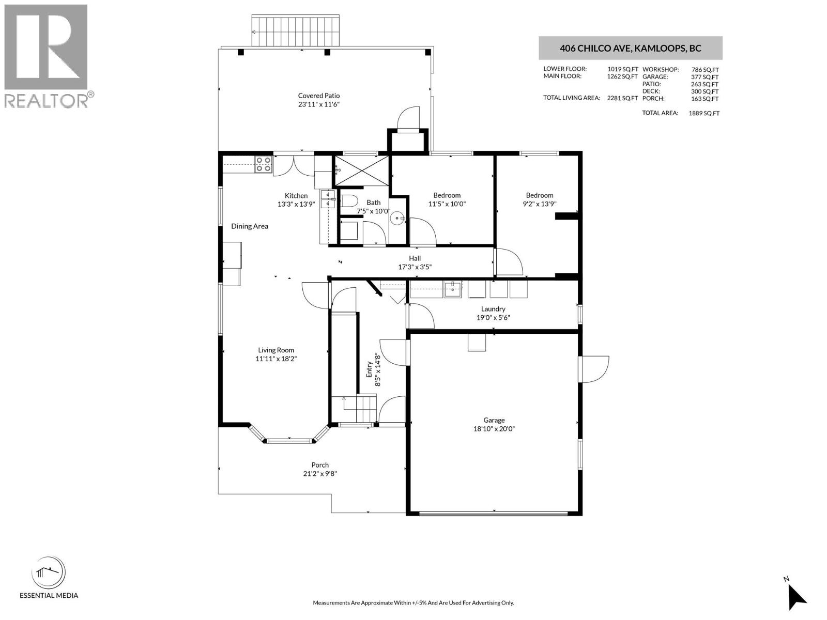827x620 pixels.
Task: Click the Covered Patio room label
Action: click(318, 96)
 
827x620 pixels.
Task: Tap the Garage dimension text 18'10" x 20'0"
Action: click(494, 429)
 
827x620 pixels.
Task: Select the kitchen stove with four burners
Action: click(264, 164)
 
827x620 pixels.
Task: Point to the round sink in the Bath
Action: click(397, 219)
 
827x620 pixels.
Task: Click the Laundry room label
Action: click(493, 309)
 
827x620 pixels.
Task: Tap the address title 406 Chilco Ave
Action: click(630, 49)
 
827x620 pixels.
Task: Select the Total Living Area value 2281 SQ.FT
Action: click(622, 98)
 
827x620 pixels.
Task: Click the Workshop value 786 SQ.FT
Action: click(705, 70)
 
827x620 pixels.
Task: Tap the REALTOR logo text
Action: click(47, 100)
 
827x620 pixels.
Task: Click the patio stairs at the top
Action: click(297, 31)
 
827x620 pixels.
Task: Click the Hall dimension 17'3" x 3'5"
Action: click(415, 267)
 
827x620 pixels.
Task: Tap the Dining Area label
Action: click(250, 226)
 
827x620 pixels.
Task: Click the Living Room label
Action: click(276, 350)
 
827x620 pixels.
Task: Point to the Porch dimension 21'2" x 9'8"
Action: click(320, 474)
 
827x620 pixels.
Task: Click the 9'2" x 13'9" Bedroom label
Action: click(540, 195)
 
